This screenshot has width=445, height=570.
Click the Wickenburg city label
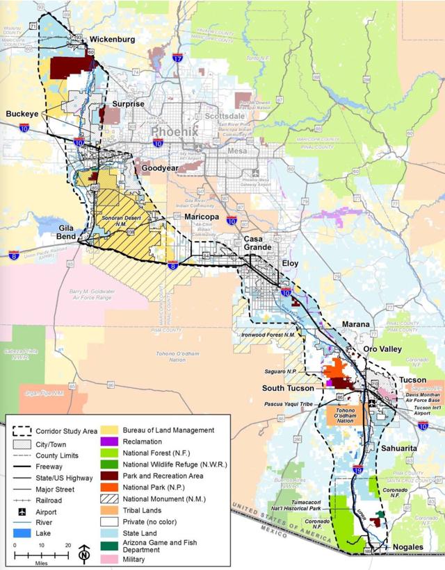pyautogui.click(x=111, y=40)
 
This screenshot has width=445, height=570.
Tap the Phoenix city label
pyautogui.click(x=174, y=131)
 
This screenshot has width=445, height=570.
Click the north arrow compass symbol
pyautogui.click(x=84, y=553)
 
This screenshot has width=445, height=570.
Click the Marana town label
pyautogui.click(x=357, y=324)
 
